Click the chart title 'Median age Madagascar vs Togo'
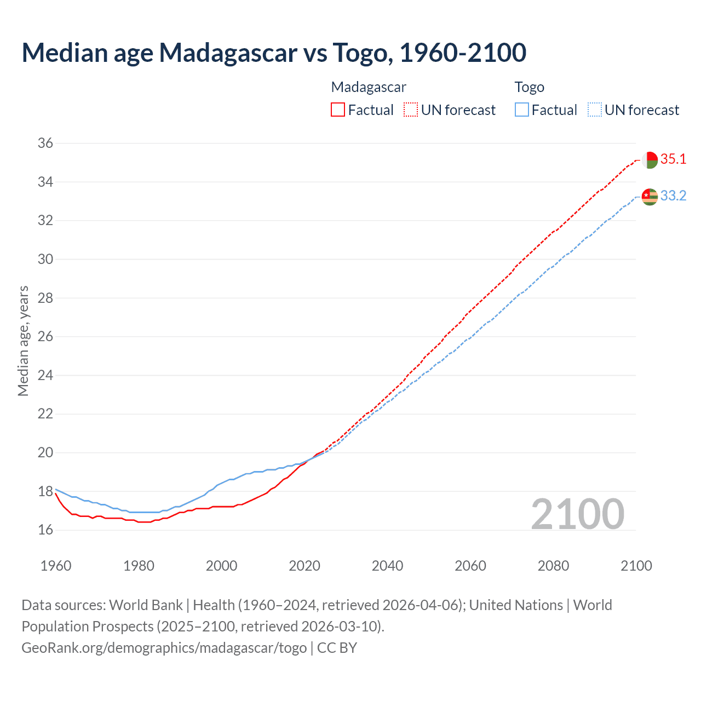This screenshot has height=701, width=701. pos(274,53)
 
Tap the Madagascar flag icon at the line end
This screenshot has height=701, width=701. pos(650,160)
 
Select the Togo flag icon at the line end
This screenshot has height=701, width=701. pos(650,197)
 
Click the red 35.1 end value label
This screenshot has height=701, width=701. pos(673,159)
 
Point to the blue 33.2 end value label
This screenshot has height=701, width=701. pos(673,196)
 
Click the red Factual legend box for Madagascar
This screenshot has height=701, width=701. pos(338,110)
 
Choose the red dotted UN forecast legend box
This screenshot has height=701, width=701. pos(411,110)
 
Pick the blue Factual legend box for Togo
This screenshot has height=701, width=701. pos(522,110)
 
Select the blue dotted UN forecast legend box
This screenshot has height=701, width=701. pos(594,110)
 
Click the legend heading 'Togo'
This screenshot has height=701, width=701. pos(529,87)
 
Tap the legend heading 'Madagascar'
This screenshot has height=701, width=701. pos(369,87)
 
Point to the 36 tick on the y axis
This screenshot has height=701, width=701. pos(45,143)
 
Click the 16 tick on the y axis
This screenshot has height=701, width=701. pos(45,530)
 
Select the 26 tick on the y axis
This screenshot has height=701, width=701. pos(45,337)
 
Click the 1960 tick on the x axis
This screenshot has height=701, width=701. pos(56,566)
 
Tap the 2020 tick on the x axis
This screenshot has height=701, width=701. pos(304,566)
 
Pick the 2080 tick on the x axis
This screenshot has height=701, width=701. pos(553,566)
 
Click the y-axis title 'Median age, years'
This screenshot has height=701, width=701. pos(23,341)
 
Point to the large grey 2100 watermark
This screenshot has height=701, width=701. pos(578,514)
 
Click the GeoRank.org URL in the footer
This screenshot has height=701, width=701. pos(164,648)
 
